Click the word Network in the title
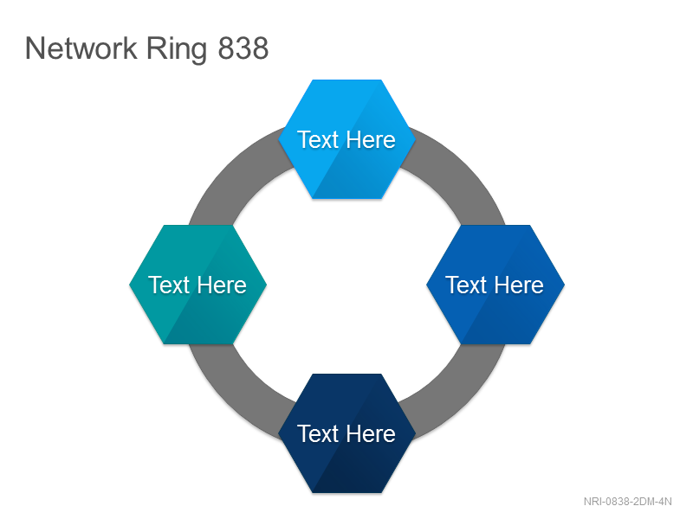pos(81,48)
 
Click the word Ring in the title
pos(177,50)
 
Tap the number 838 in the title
pos(243,48)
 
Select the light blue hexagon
pos(347,139)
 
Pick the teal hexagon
pos(198,285)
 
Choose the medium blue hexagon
pos(495,285)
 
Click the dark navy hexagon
pos(347,433)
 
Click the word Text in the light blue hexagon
pos(318,140)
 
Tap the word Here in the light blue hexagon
pos(371,140)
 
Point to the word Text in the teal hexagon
pos(169,285)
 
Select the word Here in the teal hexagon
pos(222,285)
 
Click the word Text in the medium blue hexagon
pos(466,285)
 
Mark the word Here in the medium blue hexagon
pos(519,285)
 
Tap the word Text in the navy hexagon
pos(318,434)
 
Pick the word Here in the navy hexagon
pos(371,434)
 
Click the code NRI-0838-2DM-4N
pos(627,502)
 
